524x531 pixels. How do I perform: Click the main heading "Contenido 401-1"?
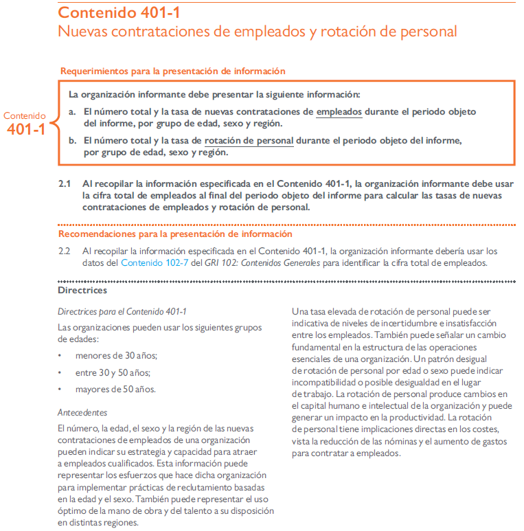[119, 12]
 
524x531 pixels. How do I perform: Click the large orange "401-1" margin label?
[26, 128]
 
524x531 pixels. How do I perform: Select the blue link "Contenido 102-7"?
[155, 262]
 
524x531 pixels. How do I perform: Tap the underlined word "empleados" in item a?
[339, 111]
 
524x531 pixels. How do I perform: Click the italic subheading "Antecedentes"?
[82, 413]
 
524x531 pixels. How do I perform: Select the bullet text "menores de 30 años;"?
[116, 355]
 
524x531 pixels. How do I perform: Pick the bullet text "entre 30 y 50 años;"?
[113, 372]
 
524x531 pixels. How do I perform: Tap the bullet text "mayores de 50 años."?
[115, 389]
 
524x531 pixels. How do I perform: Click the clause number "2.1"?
[65, 184]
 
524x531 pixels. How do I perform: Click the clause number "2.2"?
[65, 251]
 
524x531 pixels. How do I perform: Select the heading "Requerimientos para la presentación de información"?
[172, 71]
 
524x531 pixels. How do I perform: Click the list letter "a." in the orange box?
[72, 111]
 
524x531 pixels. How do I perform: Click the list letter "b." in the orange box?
[72, 141]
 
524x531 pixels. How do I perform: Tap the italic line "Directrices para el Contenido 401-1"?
[122, 311]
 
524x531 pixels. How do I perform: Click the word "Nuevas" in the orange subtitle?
[83, 32]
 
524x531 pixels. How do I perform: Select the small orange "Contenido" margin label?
[25, 116]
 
